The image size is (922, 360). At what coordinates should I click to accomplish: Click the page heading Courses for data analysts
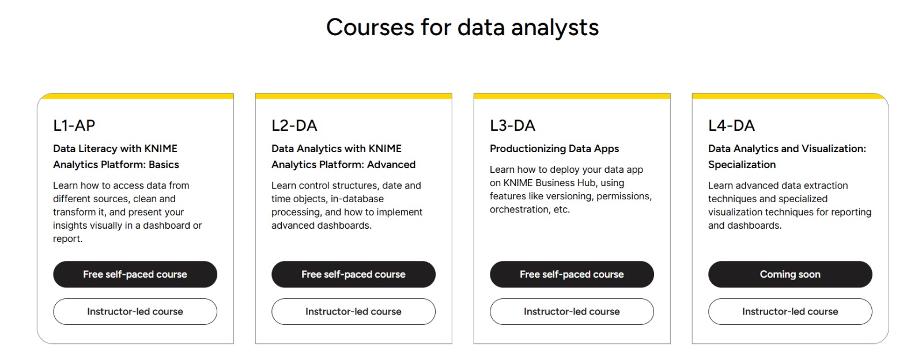click(x=462, y=28)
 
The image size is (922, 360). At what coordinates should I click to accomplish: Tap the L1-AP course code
click(x=74, y=126)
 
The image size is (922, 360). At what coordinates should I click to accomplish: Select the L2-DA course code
click(x=294, y=126)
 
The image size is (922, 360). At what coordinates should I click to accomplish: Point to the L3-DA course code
click(x=512, y=126)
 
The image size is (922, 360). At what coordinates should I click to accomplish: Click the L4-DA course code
click(x=731, y=126)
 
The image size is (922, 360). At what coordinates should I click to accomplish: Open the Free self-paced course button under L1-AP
click(x=135, y=274)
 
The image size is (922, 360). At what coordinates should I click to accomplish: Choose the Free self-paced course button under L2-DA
click(x=354, y=274)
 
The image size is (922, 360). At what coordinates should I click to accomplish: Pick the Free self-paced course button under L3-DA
click(x=572, y=274)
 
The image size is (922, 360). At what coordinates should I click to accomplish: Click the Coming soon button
click(x=790, y=274)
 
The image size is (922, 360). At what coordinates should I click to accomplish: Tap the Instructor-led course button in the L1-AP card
click(x=135, y=312)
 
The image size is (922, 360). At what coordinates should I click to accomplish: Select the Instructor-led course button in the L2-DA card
click(x=354, y=312)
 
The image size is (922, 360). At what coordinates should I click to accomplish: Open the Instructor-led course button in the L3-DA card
click(x=572, y=312)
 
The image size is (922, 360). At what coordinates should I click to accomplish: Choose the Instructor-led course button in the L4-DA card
click(x=790, y=312)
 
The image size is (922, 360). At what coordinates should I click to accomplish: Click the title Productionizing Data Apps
click(x=554, y=149)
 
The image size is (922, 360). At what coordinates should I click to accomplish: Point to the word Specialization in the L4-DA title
click(x=742, y=165)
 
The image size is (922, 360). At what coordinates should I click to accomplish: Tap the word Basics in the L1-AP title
click(x=164, y=165)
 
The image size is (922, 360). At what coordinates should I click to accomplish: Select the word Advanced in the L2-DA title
click(x=391, y=165)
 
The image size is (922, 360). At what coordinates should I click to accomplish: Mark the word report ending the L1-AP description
click(x=66, y=239)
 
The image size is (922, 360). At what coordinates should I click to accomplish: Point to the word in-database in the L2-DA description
click(x=357, y=199)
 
